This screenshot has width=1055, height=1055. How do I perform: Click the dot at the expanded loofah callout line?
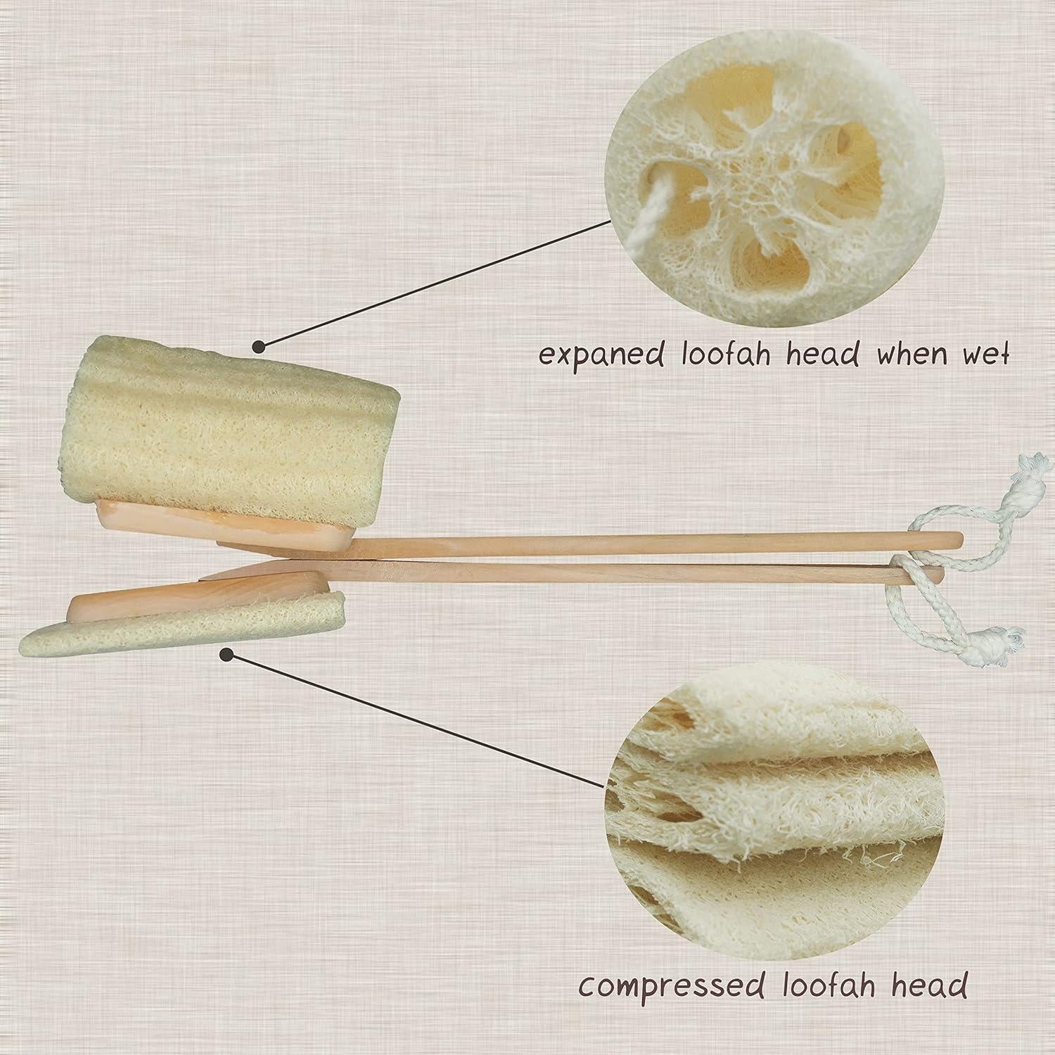259,345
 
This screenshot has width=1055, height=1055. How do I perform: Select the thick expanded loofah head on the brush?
211,429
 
